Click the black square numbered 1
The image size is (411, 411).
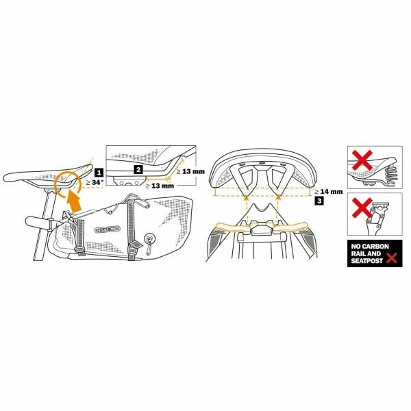[x=99, y=173]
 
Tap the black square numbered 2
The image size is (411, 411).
[x=138, y=169]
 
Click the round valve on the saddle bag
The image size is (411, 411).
[x=147, y=240]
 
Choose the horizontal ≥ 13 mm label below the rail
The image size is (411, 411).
[x=161, y=186]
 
